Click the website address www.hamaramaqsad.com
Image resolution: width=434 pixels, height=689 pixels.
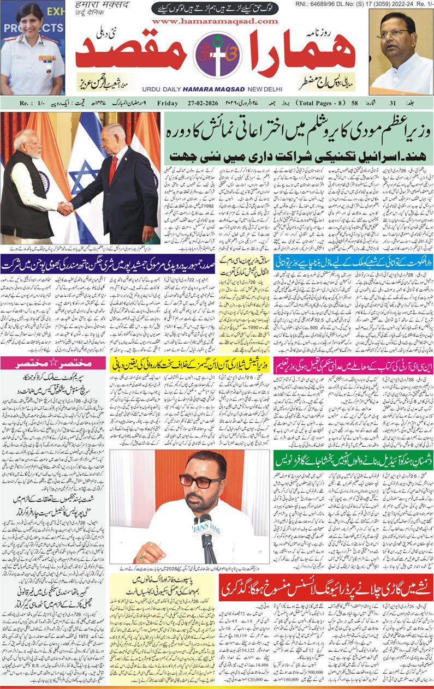215,21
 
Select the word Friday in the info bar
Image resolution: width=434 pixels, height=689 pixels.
168,103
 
